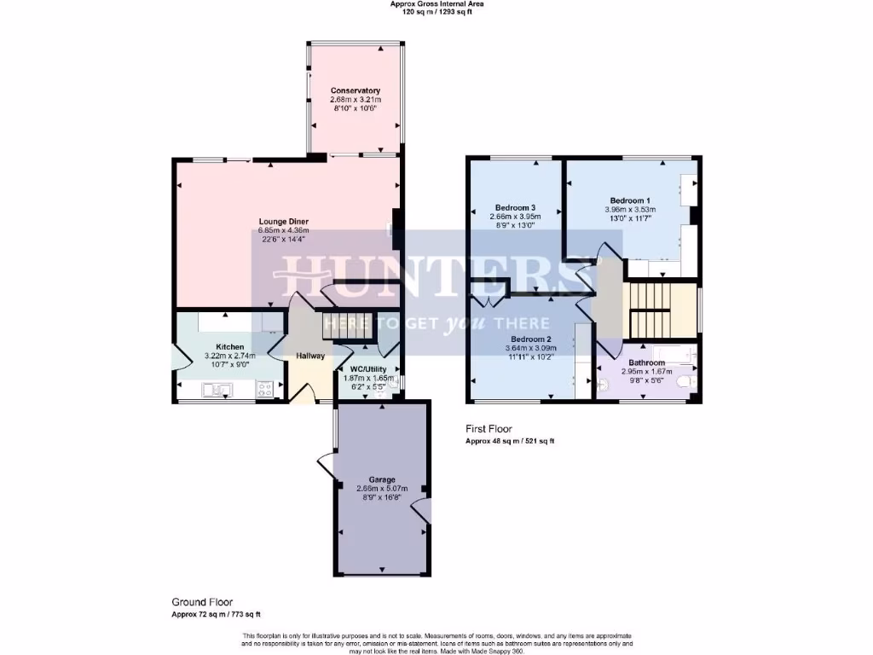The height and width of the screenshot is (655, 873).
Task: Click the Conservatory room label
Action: (x=356, y=90)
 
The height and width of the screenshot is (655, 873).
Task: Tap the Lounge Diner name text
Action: (x=284, y=222)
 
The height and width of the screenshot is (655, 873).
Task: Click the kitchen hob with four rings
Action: (x=266, y=389)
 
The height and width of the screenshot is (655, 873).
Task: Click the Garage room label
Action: (x=382, y=479)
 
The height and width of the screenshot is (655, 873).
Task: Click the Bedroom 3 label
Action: (x=515, y=207)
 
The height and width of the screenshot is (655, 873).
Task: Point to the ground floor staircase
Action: (x=348, y=325)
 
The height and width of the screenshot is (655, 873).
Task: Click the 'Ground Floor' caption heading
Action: (x=202, y=601)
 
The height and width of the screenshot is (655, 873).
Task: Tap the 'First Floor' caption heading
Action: (x=489, y=429)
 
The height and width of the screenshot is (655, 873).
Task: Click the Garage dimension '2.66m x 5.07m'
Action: (x=382, y=488)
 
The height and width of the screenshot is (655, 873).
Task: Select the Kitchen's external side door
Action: (x=176, y=357)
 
